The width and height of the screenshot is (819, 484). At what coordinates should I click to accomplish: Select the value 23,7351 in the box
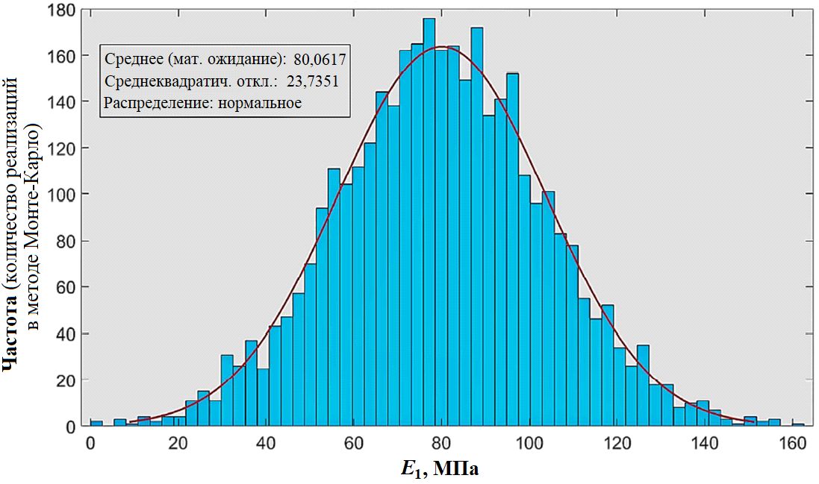pyautogui.click(x=313, y=81)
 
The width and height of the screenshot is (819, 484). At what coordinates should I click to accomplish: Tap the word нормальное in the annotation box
pyautogui.click(x=260, y=103)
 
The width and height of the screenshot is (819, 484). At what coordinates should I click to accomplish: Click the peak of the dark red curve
pyautogui.click(x=442, y=47)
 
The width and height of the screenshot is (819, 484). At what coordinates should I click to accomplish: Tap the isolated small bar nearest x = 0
pyautogui.click(x=96, y=424)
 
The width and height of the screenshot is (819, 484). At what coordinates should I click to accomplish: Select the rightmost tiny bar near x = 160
pyautogui.click(x=798, y=425)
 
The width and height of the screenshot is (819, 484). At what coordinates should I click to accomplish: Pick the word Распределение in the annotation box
pyautogui.click(x=158, y=103)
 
